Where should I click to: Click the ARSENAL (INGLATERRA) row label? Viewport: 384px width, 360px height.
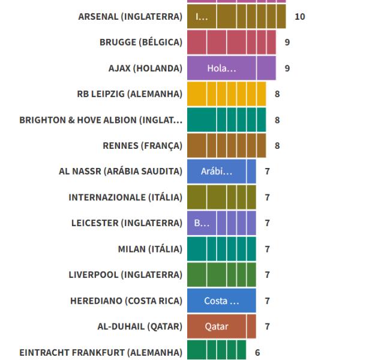click(x=130, y=17)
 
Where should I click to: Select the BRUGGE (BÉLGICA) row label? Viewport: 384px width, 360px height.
click(x=141, y=43)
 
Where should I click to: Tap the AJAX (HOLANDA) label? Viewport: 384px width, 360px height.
click(x=144, y=68)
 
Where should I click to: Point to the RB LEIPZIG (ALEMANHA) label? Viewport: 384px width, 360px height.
click(x=130, y=94)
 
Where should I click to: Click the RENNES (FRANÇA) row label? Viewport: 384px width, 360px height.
click(x=143, y=146)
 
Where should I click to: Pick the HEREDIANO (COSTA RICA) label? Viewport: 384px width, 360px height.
click(x=126, y=301)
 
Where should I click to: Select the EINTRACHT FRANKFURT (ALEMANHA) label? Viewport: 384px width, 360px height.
click(x=101, y=352)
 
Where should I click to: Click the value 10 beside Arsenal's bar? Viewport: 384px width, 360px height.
click(x=299, y=17)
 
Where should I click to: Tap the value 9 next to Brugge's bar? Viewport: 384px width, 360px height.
click(x=287, y=43)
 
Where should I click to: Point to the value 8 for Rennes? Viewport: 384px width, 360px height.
click(x=277, y=146)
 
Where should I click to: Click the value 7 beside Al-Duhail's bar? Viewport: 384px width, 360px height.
click(x=268, y=326)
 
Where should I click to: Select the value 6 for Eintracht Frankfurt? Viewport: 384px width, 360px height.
click(x=257, y=352)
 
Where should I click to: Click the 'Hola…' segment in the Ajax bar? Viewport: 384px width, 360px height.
click(x=221, y=68)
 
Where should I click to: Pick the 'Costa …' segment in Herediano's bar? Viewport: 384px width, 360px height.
click(x=221, y=301)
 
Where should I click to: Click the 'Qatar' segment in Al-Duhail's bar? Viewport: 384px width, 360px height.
click(x=217, y=326)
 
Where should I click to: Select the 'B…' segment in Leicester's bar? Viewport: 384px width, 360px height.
click(x=202, y=223)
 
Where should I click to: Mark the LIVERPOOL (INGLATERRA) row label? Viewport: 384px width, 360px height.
click(x=125, y=275)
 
